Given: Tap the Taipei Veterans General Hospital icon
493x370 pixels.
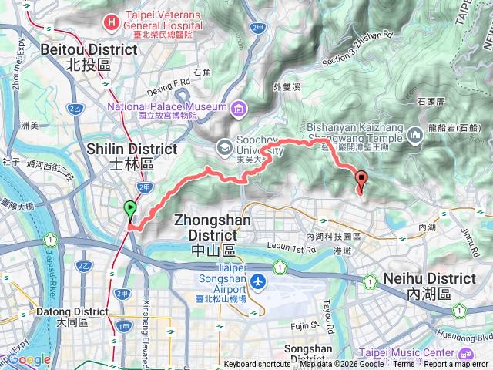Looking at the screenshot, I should click(x=113, y=22).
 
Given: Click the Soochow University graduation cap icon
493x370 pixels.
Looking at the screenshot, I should click(x=223, y=144).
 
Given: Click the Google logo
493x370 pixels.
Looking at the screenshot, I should click(x=29, y=359).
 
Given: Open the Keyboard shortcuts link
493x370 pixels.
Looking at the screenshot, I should click(x=257, y=364).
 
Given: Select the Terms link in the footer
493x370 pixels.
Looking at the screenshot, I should click(x=403, y=364).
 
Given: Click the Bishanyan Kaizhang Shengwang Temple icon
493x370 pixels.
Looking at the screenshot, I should click(x=415, y=136).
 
